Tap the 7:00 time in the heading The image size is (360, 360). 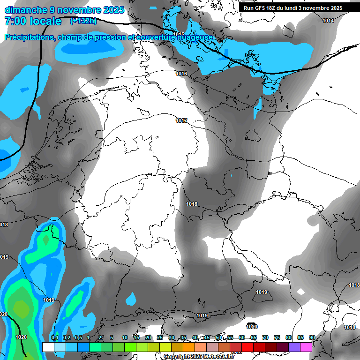pos(15,21)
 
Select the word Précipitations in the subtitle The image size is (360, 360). pos(29,37)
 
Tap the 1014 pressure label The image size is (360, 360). pos(328,21)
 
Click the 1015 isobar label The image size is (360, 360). pos(179,34)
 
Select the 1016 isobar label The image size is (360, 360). pos(181,74)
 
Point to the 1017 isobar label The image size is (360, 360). pos(181,120)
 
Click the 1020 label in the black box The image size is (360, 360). pos(252,326)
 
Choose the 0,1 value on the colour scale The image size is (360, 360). pos(54,337)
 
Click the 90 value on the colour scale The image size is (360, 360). pos(312,337)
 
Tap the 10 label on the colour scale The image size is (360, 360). pos(124,337)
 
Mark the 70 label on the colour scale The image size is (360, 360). pos(265,337)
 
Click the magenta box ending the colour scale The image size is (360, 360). pos(306,347)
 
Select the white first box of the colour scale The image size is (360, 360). pos(48,347)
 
